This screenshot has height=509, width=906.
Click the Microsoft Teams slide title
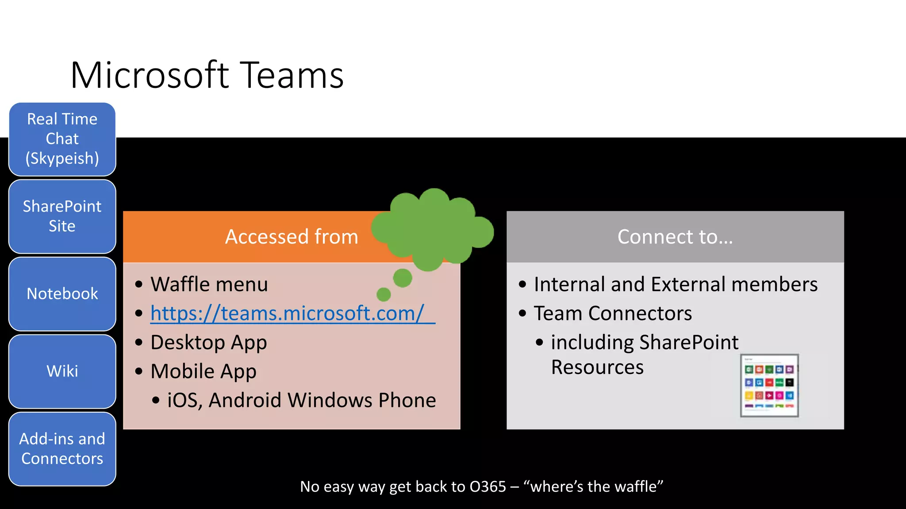207,75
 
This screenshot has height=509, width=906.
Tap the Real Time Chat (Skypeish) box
62,139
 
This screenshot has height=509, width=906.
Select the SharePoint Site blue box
62,216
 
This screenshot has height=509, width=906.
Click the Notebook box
62,294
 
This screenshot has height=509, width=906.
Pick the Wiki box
62,371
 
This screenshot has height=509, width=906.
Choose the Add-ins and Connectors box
62,449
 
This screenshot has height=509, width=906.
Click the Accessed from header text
291,237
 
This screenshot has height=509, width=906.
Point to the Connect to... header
675,237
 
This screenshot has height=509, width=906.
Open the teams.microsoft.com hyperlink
288,313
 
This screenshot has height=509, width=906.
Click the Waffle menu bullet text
209,284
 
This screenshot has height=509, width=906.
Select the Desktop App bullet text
209,342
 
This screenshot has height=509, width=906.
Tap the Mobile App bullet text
203,371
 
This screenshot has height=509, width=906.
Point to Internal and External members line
676,284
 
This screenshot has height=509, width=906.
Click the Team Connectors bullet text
613,313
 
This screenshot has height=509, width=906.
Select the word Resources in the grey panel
597,367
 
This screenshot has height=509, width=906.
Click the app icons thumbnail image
769,386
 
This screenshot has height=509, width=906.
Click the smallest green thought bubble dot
384,294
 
